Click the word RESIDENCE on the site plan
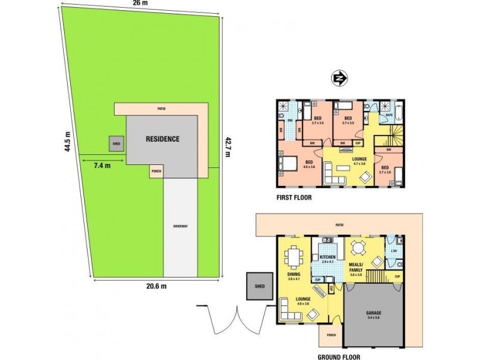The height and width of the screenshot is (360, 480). coord(163,139)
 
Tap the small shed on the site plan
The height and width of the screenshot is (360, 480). coord(116,143)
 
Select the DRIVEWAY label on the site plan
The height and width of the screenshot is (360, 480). coord(181,226)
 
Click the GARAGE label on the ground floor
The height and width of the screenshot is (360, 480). coord(374,314)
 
